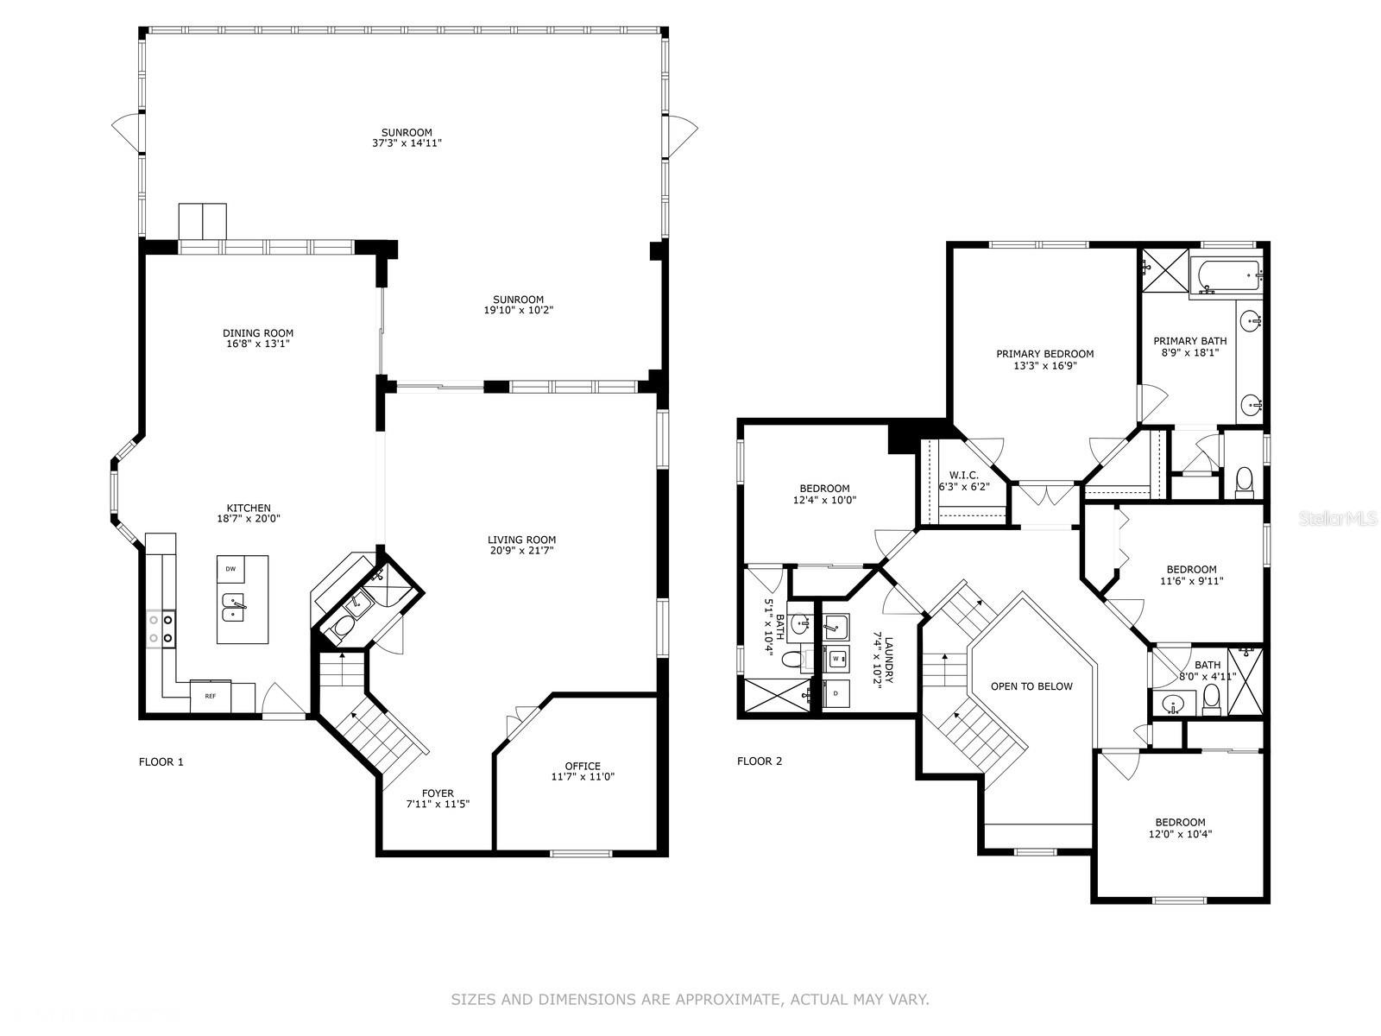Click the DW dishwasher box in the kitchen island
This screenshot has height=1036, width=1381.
pyautogui.click(x=230, y=569)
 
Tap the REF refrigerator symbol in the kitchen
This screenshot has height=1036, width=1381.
pyautogui.click(x=210, y=695)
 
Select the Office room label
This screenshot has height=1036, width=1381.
pyautogui.click(x=583, y=766)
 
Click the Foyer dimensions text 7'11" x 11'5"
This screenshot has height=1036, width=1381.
pyautogui.click(x=438, y=804)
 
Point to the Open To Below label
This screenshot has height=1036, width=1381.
pyautogui.click(x=1031, y=686)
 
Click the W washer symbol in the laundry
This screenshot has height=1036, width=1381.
pyautogui.click(x=836, y=659)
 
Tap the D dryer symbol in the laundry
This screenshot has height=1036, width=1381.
pyautogui.click(x=836, y=693)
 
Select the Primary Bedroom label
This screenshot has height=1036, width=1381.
pyautogui.click(x=1044, y=354)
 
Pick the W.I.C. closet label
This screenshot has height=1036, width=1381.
pyautogui.click(x=963, y=475)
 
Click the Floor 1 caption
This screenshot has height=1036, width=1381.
pyautogui.click(x=161, y=761)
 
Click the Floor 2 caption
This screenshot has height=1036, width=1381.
pyautogui.click(x=760, y=761)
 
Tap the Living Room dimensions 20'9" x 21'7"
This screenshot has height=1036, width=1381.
pyautogui.click(x=522, y=551)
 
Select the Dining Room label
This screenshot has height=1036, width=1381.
pyautogui.click(x=258, y=333)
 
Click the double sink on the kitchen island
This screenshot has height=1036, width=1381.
pyautogui.click(x=234, y=608)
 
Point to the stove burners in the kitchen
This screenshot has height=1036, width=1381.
pyautogui.click(x=161, y=629)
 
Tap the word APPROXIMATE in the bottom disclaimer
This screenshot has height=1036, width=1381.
pyautogui.click(x=726, y=1000)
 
